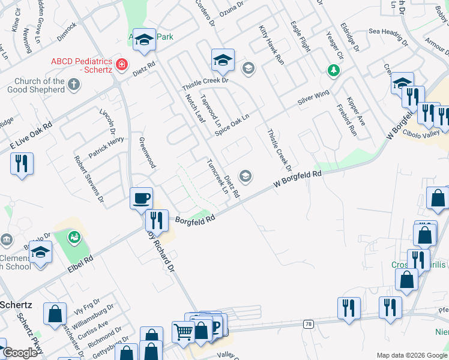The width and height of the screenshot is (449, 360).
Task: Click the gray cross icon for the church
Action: (74, 83)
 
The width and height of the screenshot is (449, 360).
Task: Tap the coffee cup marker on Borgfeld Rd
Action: (142, 197)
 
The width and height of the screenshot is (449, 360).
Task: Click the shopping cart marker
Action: (183, 331)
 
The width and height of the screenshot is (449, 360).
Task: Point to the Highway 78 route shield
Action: (307, 324)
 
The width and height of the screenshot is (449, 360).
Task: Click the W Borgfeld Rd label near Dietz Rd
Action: (298, 179)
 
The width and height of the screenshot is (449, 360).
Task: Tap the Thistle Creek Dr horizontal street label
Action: (207, 80)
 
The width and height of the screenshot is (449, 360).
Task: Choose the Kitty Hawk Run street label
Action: (271, 45)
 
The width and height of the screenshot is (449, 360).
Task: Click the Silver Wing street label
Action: (314, 98)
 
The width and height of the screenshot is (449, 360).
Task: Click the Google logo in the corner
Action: (20, 353)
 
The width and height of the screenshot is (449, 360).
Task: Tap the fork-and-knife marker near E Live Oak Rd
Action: (22, 164)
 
